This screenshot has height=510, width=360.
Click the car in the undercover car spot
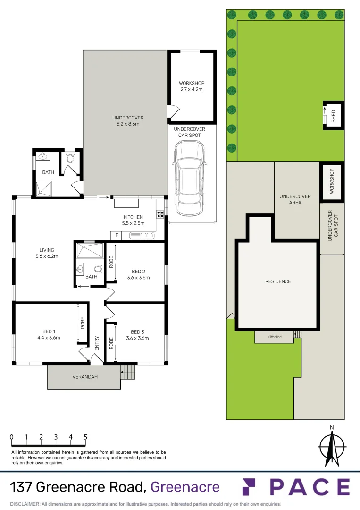click(x=189, y=178)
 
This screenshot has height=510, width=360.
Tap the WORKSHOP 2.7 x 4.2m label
click(x=192, y=86)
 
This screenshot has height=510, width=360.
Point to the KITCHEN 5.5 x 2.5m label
click(x=133, y=221)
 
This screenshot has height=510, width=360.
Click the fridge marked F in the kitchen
click(x=116, y=235)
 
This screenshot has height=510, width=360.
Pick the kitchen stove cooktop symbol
click(x=160, y=214)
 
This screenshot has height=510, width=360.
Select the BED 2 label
click(x=138, y=274)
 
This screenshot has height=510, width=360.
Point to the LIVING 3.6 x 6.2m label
click(x=47, y=253)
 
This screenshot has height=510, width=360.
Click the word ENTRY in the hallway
click(x=97, y=342)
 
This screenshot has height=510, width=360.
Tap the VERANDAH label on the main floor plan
click(x=84, y=377)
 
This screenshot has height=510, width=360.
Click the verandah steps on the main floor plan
click(x=128, y=373)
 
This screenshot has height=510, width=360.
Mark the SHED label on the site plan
click(x=334, y=117)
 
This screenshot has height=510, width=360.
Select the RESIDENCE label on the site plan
click(x=278, y=281)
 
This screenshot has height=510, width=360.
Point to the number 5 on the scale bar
click(x=85, y=437)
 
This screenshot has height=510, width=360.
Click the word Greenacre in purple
click(x=184, y=487)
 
